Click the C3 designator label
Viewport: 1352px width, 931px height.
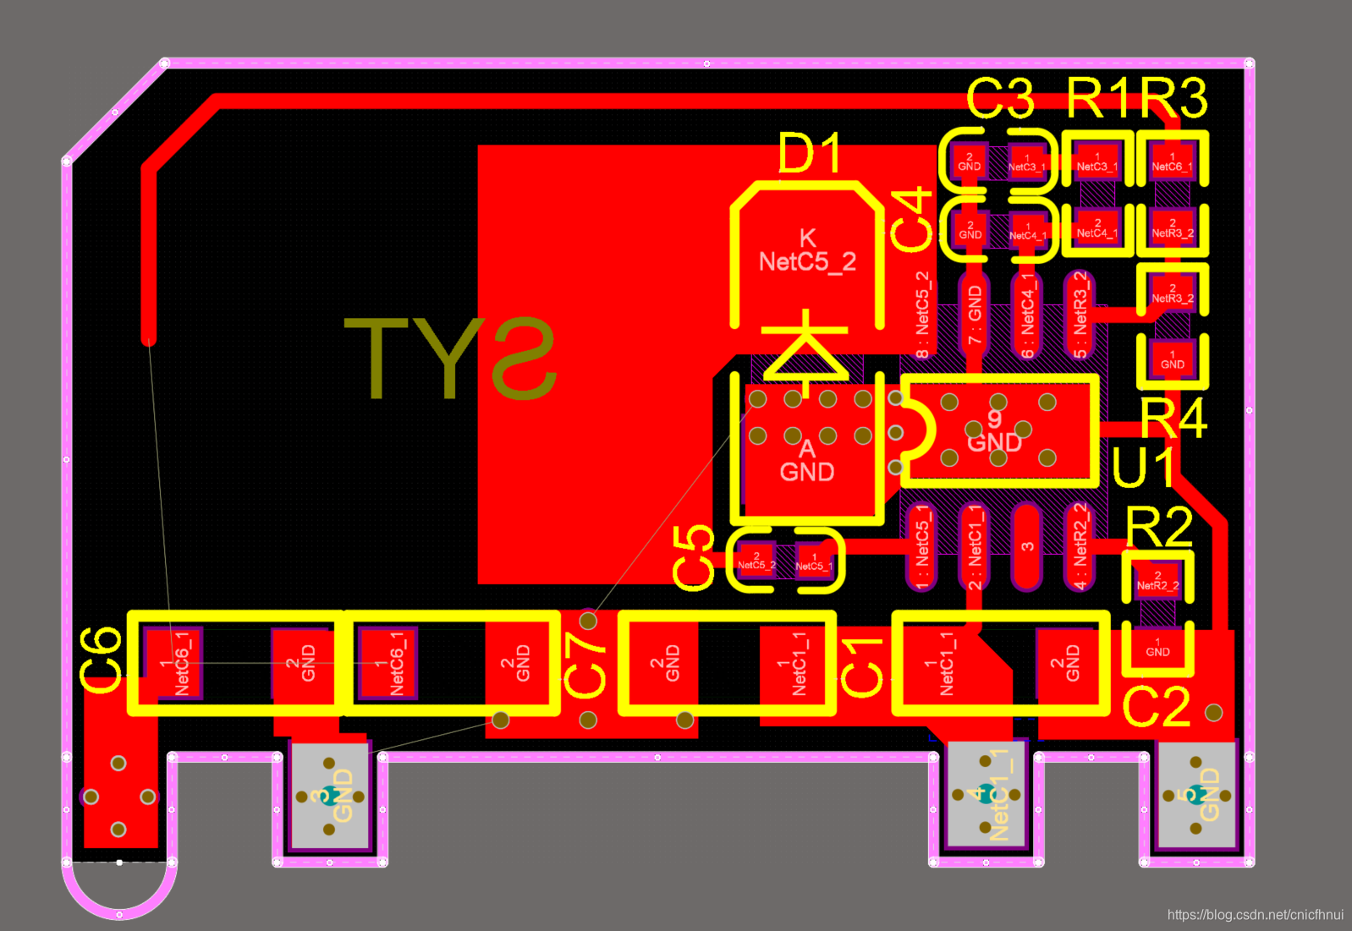[x=1000, y=98]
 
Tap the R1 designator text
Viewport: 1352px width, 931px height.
[x=1098, y=98]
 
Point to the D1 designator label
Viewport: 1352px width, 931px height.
[x=810, y=154]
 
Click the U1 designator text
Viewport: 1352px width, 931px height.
[x=1143, y=468]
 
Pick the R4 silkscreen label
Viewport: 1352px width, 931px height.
[x=1173, y=418]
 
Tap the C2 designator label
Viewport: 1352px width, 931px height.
[x=1156, y=707]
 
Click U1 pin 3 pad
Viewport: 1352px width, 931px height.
[x=1026, y=546]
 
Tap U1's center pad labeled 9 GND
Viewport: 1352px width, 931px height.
[x=998, y=431]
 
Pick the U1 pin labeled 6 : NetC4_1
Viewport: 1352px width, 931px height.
[x=1026, y=315]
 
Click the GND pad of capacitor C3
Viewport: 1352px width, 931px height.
[x=969, y=161]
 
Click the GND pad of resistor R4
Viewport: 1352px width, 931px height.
[x=1172, y=359]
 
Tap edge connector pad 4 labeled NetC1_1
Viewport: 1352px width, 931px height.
[x=986, y=795]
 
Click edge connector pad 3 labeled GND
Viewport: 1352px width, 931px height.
[x=329, y=796]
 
